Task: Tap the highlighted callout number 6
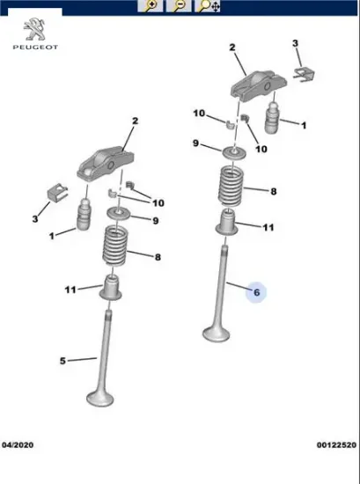click(x=257, y=291)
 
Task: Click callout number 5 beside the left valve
click(x=63, y=360)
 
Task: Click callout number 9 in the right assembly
click(x=196, y=143)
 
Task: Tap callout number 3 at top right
click(x=296, y=43)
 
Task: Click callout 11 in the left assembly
click(x=70, y=289)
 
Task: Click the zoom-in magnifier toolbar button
click(x=151, y=6)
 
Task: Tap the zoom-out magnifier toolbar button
click(x=179, y=6)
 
